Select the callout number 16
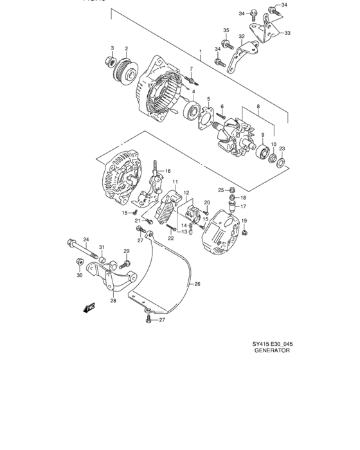point(167,171)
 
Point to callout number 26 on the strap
point(197,283)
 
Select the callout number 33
point(287,33)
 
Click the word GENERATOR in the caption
point(273,352)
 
